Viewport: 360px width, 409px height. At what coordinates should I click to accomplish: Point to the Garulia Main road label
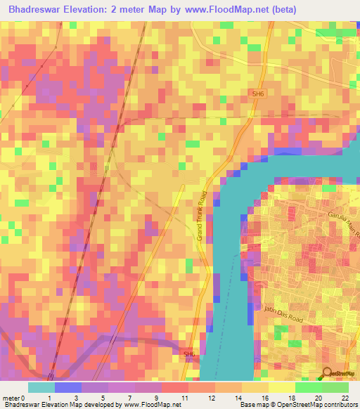[342, 224]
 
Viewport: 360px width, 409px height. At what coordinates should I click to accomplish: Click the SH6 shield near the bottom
[188, 353]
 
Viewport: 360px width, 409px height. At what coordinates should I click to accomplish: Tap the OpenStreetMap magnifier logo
[328, 374]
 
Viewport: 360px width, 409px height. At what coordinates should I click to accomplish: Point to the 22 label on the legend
[345, 397]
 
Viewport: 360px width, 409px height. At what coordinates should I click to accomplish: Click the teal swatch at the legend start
[41, 387]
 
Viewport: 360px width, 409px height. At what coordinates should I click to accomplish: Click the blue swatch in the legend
[68, 387]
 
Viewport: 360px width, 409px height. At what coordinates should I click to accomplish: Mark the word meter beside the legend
[11, 397]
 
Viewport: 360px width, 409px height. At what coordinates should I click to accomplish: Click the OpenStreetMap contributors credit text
[309, 405]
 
